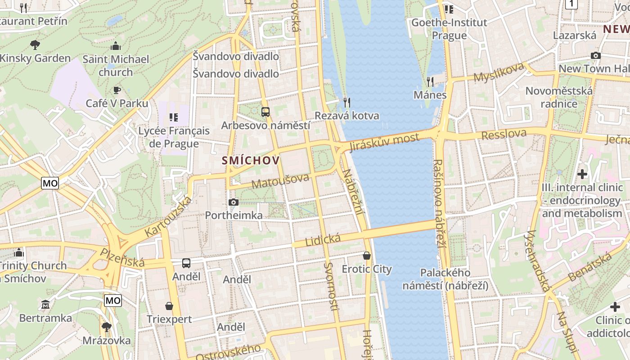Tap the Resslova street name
pyautogui.click(x=504, y=134)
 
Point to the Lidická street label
pyautogui.click(x=323, y=240)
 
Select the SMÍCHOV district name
pyautogui.click(x=251, y=161)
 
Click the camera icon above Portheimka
pyautogui.click(x=233, y=202)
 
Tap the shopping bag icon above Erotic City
pyautogui.click(x=367, y=256)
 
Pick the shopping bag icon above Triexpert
pyautogui.click(x=169, y=306)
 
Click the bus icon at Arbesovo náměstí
pyautogui.click(x=265, y=112)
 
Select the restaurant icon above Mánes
pyautogui.click(x=430, y=81)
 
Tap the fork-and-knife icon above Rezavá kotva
pyautogui.click(x=346, y=103)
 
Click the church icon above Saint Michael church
pyautogui.click(x=116, y=46)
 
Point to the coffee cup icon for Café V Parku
pyautogui.click(x=117, y=90)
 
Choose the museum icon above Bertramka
pyautogui.click(x=45, y=305)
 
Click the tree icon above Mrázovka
pyautogui.click(x=107, y=326)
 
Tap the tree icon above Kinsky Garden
pyautogui.click(x=35, y=45)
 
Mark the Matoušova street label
pyautogui.click(x=280, y=181)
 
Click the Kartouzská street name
pyautogui.click(x=168, y=217)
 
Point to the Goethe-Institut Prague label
pyautogui.click(x=449, y=29)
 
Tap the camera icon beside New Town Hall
pyautogui.click(x=596, y=55)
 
